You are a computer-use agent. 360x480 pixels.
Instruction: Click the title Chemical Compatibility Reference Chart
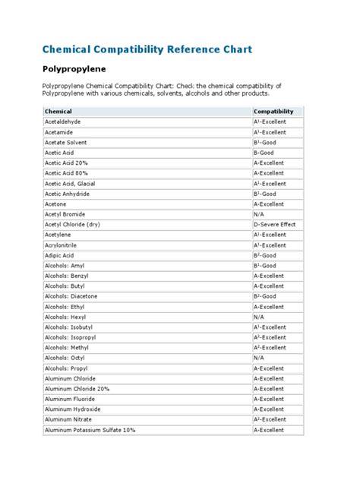pyautogui.click(x=147, y=49)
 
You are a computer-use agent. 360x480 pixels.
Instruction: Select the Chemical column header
pyautogui.click(x=58, y=111)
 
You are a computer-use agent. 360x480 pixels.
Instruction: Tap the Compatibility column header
pyautogui.click(x=273, y=111)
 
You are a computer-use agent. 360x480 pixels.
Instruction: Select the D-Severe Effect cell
pyautogui.click(x=274, y=224)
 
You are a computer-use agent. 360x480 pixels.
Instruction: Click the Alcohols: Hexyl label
pyautogui.click(x=68, y=317)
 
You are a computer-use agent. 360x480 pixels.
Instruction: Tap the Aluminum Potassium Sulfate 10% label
pyautogui.click(x=90, y=430)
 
